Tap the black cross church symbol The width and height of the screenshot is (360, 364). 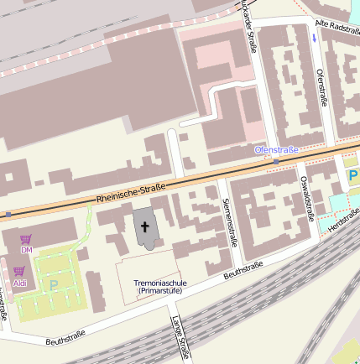[x=145, y=226]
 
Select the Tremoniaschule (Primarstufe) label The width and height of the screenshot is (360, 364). [x=159, y=288]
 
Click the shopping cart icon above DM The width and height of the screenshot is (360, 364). [x=26, y=239]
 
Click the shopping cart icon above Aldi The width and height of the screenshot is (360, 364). [x=18, y=271]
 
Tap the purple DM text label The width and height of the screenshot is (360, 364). [x=26, y=250]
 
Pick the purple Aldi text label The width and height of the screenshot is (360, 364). [x=20, y=283]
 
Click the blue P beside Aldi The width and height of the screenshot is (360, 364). [x=54, y=285]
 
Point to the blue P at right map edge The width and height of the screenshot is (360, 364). [x=352, y=177]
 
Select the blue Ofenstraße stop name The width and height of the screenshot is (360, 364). [x=276, y=150]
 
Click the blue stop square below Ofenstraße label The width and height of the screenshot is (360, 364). [x=276, y=161]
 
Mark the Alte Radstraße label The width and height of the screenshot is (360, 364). [x=337, y=29]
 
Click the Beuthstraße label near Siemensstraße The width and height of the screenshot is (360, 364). [x=243, y=269]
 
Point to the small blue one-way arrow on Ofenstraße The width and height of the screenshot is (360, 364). [x=314, y=37]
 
